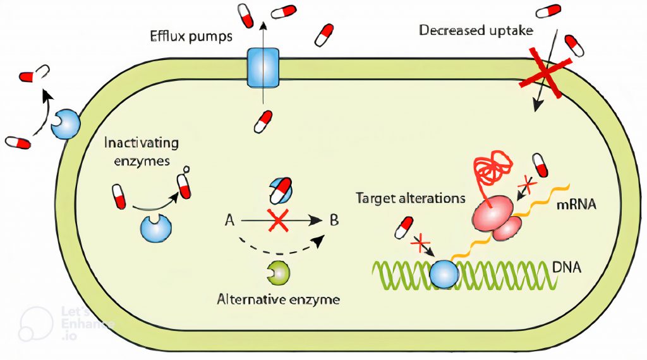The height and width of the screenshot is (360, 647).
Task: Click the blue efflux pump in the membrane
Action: (263, 68)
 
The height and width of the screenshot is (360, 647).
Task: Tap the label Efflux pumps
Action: (191, 36)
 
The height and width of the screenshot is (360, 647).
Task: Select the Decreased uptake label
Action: (476, 30)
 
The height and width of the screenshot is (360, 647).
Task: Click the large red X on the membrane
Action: (545, 73)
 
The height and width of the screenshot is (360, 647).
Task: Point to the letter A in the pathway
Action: (229, 220)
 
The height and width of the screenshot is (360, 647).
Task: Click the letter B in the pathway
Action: (334, 220)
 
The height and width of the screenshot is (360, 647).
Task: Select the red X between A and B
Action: (278, 220)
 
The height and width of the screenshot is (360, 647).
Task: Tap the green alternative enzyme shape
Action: (279, 273)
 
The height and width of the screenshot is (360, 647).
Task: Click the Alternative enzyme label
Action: (279, 299)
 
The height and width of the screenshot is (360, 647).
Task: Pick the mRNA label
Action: (576, 204)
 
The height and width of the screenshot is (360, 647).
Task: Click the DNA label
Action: (567, 267)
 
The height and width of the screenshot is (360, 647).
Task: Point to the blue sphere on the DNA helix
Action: (444, 273)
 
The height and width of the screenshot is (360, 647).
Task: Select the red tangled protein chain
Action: (492, 170)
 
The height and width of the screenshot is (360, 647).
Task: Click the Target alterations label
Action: (411, 198)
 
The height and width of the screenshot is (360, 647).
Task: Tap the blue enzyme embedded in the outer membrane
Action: (66, 124)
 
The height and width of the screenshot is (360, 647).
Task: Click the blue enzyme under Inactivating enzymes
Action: (156, 228)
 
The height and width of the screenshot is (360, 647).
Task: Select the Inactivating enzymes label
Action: (142, 152)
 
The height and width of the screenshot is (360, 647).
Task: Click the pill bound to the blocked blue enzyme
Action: (281, 191)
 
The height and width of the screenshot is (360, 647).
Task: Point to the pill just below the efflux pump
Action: (263, 122)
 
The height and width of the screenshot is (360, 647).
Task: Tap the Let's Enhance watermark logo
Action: (36, 325)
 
